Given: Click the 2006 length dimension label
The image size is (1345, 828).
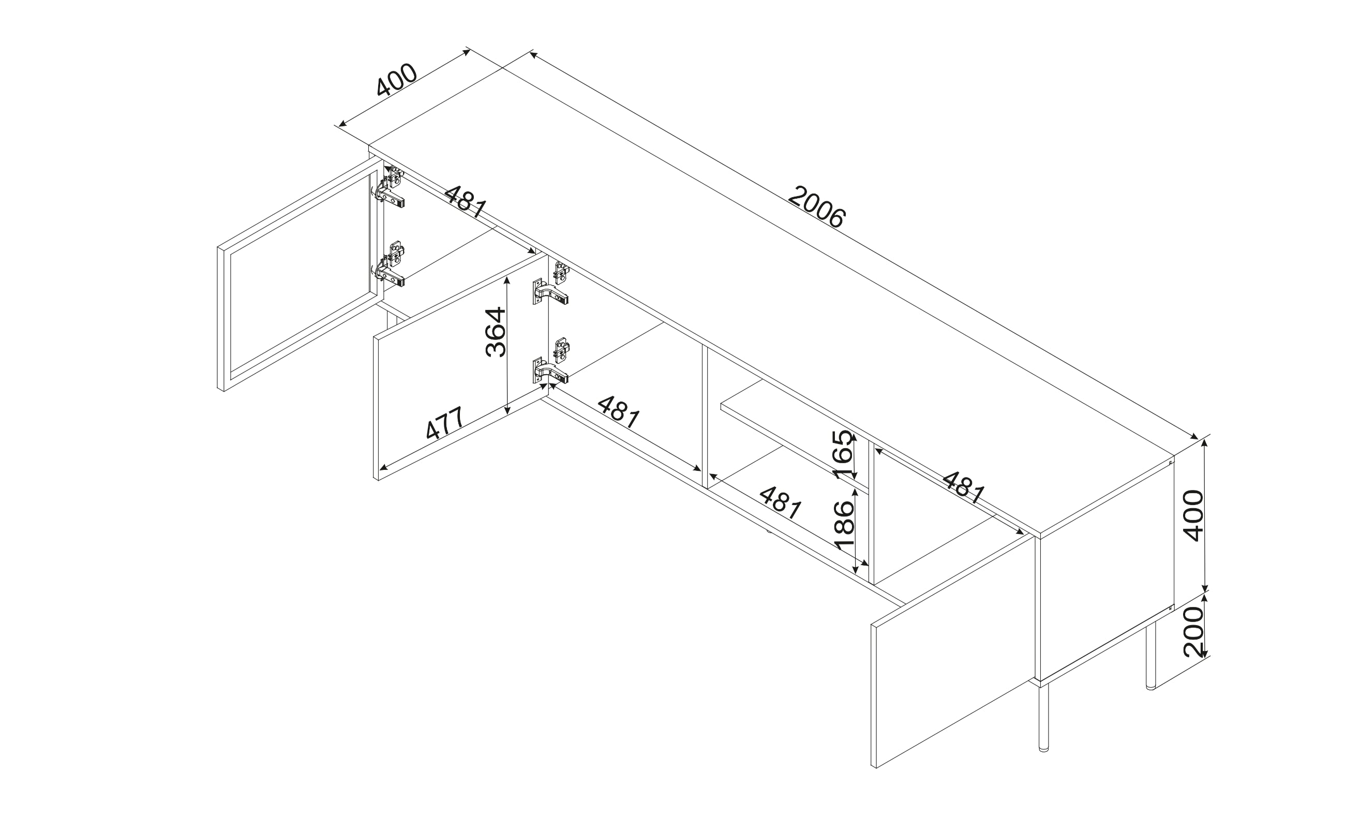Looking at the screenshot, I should tap(817, 208).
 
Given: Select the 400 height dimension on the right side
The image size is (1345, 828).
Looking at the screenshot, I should tap(1193, 515).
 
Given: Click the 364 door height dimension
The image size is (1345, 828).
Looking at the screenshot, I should tap(496, 332).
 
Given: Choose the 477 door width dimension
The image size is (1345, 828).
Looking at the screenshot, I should tap(445, 423).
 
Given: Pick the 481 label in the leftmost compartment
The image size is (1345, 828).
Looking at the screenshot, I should tap(465, 201).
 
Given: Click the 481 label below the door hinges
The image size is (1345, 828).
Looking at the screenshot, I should tap(619, 412).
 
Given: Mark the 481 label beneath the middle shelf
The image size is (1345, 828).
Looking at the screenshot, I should tap(781, 502).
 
